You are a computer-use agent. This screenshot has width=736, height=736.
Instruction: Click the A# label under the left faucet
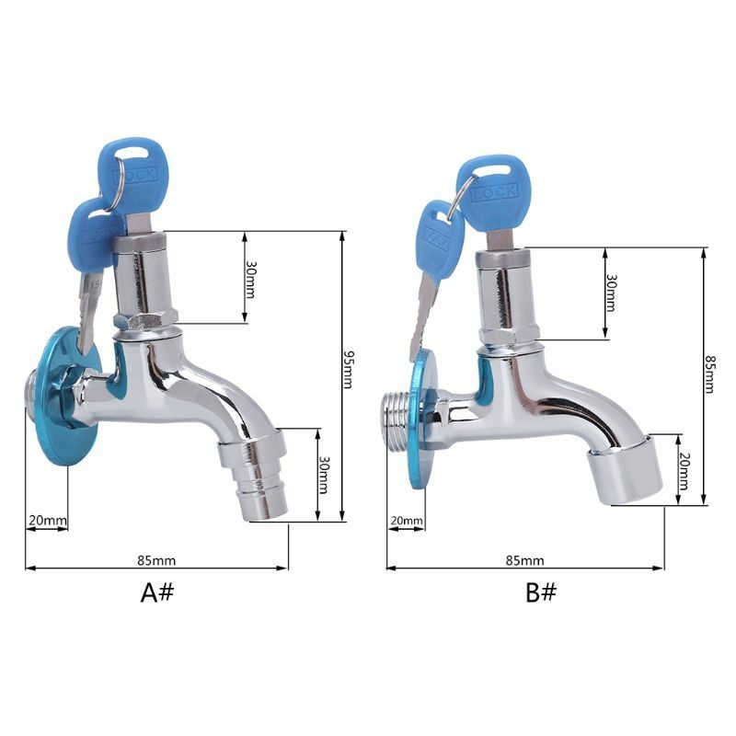pos(156,592)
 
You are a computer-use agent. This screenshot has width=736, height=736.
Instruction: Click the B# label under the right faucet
pos(541,592)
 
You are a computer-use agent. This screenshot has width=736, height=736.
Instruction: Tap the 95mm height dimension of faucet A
pos(349,370)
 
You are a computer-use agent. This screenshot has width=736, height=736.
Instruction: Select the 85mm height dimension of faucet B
pos(709,374)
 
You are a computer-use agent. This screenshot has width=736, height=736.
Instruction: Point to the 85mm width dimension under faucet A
pos(156,560)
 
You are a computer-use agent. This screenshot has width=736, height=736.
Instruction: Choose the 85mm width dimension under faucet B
pos(524,560)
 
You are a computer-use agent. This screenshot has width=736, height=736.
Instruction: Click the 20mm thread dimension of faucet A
pos(48,520)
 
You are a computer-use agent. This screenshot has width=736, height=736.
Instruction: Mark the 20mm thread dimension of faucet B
pos(407,521)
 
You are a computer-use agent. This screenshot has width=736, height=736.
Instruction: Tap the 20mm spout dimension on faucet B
pos(684,471)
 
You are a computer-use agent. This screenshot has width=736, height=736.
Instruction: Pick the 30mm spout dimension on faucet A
pos(324,475)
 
